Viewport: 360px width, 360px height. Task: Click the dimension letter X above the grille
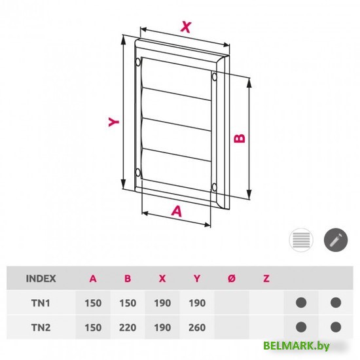(187, 27)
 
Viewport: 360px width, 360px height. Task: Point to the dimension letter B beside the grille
(240, 137)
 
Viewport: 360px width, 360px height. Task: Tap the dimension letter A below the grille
(176, 210)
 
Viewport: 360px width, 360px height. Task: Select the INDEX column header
(41, 278)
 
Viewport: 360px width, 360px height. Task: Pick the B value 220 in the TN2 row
(128, 327)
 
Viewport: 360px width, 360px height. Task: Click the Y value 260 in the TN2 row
(196, 327)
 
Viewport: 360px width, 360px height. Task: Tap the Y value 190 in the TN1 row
(196, 303)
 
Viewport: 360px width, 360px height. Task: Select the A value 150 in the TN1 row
(93, 303)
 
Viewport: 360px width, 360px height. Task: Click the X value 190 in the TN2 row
(162, 327)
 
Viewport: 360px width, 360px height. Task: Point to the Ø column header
(231, 278)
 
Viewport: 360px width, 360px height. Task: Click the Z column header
(266, 278)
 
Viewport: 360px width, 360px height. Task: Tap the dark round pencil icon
(336, 240)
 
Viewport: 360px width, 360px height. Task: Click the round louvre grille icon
(302, 240)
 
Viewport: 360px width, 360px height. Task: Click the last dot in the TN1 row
(336, 303)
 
